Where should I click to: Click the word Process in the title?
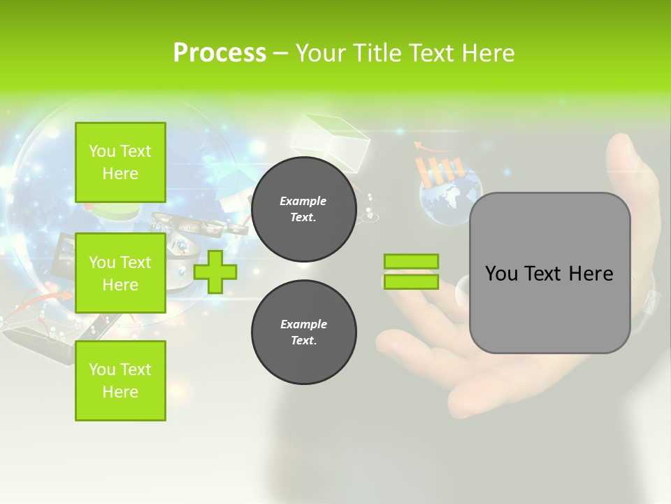point(219,53)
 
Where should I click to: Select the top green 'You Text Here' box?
point(120,162)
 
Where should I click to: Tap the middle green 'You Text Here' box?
point(120,273)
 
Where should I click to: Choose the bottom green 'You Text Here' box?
point(120,381)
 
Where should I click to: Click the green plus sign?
point(215,272)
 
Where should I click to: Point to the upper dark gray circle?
point(304,209)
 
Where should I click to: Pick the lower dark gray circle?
point(304,332)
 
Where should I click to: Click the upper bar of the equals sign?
point(411,262)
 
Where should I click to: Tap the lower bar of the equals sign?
point(411,282)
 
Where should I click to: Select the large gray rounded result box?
point(549,273)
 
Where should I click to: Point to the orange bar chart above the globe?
point(440,168)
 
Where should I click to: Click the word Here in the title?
point(488,53)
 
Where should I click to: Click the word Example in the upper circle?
point(303,201)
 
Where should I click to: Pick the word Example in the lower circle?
point(303,324)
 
